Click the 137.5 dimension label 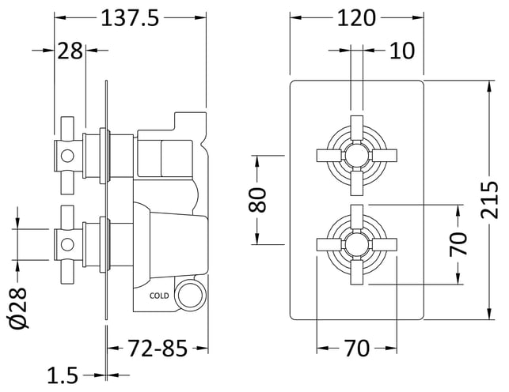[x=130, y=18]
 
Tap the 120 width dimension [x=356, y=18]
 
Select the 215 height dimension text [x=489, y=200]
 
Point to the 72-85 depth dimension [x=158, y=349]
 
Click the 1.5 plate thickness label [x=63, y=375]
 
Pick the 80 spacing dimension [x=257, y=200]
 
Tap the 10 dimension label [x=402, y=51]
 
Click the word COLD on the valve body [x=159, y=296]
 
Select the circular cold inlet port [x=190, y=295]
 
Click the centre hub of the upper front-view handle [x=357, y=155]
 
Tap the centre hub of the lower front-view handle [x=357, y=244]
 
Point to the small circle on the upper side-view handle [x=67, y=156]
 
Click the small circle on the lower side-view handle [x=67, y=244]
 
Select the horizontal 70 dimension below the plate [x=356, y=349]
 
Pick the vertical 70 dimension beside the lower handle [x=458, y=244]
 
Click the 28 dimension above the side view [x=70, y=51]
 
